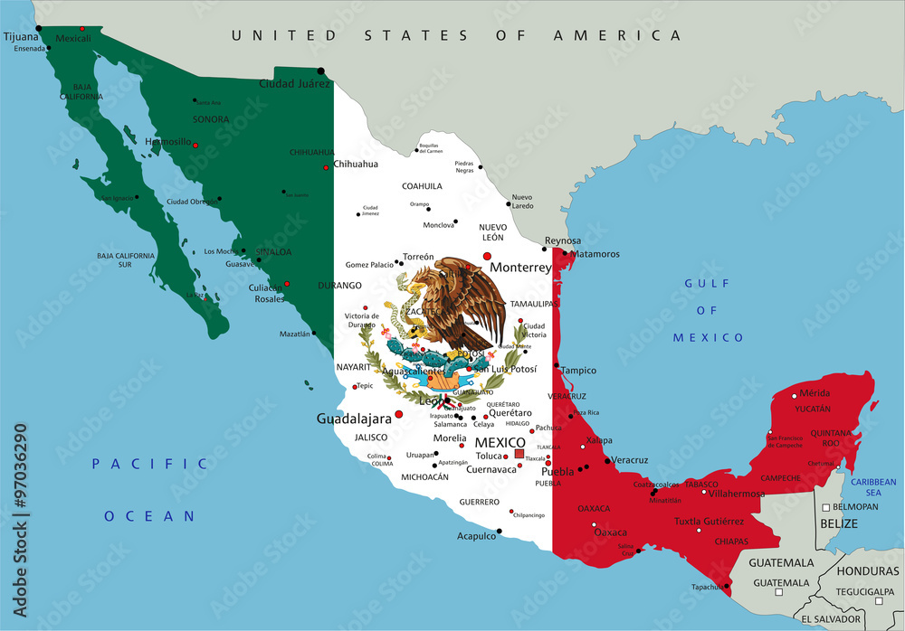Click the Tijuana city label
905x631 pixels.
pyautogui.click(x=22, y=37)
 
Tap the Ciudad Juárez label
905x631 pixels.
pyautogui.click(x=295, y=84)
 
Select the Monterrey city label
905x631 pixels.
pyautogui.click(x=520, y=268)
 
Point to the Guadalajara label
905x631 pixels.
pyautogui.click(x=354, y=419)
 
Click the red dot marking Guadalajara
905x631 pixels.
pyautogui.click(x=399, y=414)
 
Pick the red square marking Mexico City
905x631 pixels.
pyautogui.click(x=519, y=454)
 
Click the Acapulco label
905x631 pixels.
pyautogui.click(x=476, y=535)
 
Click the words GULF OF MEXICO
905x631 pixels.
pyautogui.click(x=708, y=310)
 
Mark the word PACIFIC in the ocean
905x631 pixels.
pyautogui.click(x=149, y=464)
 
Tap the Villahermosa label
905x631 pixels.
pyautogui.click(x=737, y=494)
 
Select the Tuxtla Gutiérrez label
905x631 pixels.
pyautogui.click(x=709, y=522)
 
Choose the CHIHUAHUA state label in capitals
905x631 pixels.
pyautogui.click(x=312, y=153)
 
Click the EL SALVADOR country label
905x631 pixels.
pyautogui.click(x=830, y=619)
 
